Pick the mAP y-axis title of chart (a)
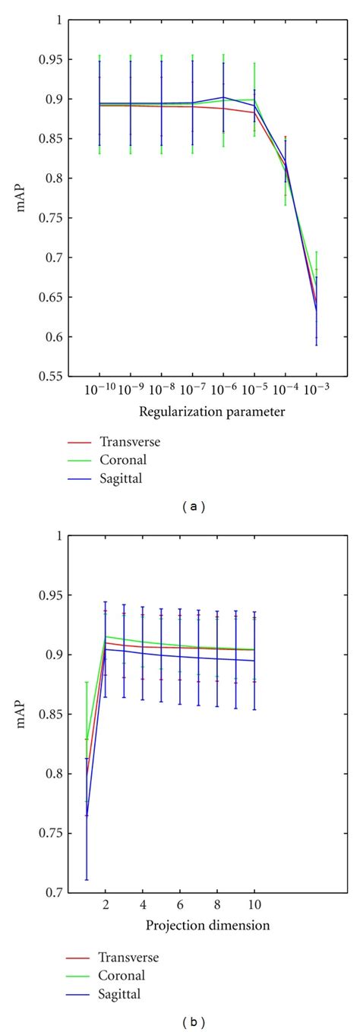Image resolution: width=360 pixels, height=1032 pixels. click(x=28, y=198)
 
